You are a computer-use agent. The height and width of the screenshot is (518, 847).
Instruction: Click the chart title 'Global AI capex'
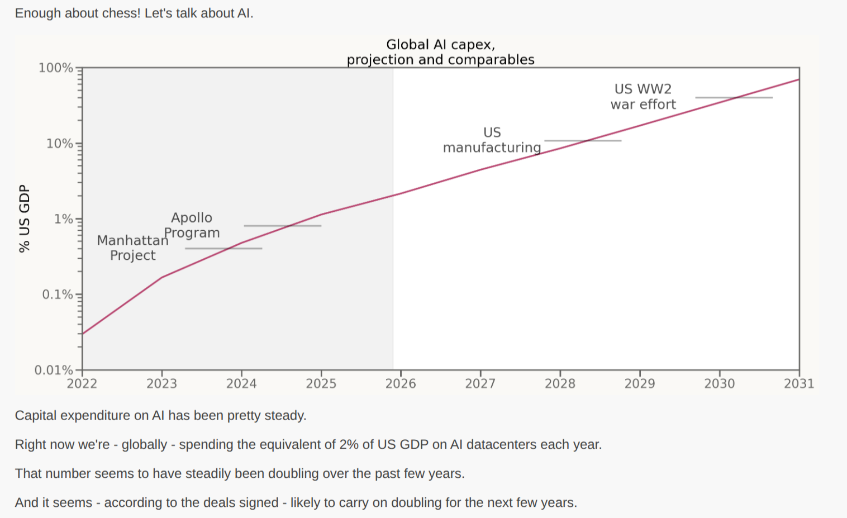440,45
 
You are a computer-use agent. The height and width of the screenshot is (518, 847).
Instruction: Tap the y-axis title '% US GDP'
24,218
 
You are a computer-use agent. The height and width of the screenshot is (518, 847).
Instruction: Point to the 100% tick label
55,68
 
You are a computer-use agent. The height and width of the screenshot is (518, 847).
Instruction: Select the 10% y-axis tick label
59,144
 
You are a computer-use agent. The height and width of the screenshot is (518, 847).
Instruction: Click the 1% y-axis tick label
63,219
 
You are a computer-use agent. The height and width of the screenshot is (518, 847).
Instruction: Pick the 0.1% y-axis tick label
58,294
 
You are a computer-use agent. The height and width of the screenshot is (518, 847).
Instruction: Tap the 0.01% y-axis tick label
54,370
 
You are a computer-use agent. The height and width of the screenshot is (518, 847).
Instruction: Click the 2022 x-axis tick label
82,384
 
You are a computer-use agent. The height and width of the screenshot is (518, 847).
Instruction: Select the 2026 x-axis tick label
401,384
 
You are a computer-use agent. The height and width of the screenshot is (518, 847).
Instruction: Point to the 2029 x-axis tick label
640,384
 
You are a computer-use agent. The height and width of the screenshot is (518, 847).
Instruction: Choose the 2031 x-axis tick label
799,384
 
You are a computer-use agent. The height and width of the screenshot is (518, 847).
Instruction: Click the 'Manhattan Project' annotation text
132,248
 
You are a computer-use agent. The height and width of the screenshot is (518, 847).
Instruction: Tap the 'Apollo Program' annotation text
192,225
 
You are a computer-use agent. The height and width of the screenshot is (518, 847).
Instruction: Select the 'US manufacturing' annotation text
492,140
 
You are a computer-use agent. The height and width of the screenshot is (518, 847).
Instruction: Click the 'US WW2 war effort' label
643,97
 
